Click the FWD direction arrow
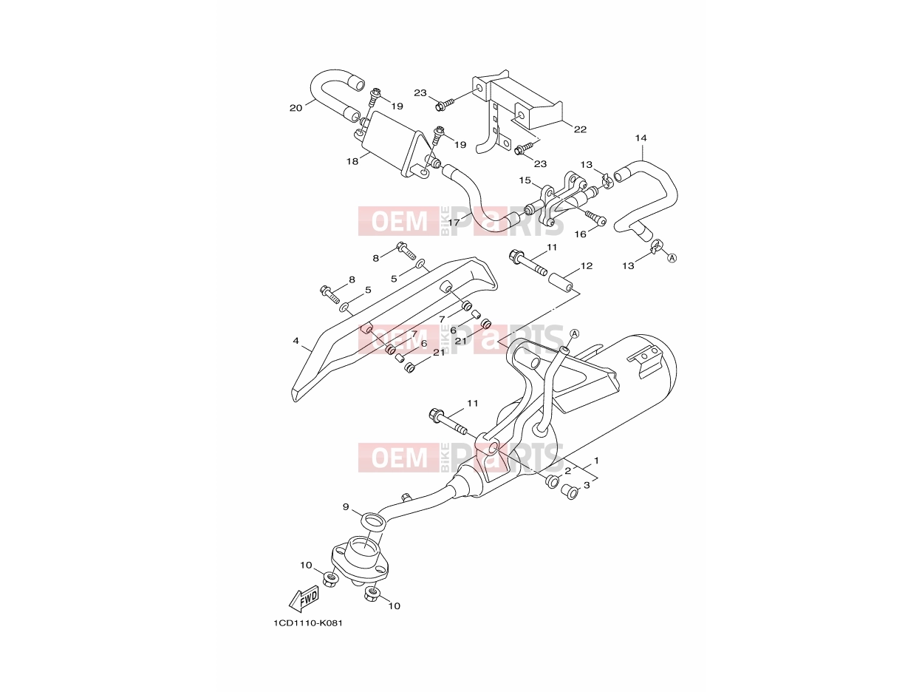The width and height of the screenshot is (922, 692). coord(304,598)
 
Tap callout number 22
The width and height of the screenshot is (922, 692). coord(580,129)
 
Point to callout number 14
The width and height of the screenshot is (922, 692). coord(641,138)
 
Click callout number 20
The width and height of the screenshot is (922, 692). coord(296,108)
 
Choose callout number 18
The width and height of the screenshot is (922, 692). coord(352,161)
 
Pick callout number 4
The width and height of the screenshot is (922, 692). coord(296,340)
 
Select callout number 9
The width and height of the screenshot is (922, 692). coord(346,506)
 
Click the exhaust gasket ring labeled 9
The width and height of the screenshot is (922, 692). coord(373,523)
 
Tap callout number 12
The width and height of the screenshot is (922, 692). coord(586,265)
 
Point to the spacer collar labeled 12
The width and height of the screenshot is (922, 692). coord(560,282)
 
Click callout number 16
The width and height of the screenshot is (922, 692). coord(580,234)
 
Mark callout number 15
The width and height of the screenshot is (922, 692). coord(525,180)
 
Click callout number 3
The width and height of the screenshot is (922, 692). coord(587,485)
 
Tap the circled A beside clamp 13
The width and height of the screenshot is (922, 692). coord(672,258)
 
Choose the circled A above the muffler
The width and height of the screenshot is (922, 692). coord(574,333)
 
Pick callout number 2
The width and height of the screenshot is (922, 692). coord(567,471)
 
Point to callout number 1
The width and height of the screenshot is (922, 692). coord(595,461)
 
